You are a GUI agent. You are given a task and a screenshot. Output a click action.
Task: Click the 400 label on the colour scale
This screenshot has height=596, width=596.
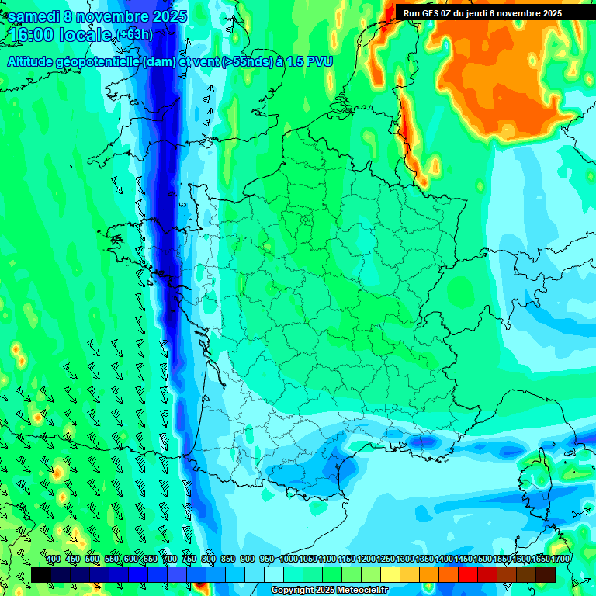pyautogui.click(x=54, y=559)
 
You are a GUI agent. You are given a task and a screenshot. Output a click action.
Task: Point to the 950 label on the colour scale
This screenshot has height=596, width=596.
pyautogui.click(x=267, y=559)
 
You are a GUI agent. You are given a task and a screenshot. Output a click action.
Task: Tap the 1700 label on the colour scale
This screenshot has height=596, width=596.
pyautogui.click(x=560, y=559)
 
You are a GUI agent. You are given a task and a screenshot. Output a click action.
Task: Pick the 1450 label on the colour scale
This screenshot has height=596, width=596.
pyautogui.click(x=463, y=559)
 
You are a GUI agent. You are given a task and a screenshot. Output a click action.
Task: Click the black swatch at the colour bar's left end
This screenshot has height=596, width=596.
pyautogui.click(x=40, y=574)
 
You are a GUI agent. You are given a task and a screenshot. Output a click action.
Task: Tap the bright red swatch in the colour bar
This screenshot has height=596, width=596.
pyautogui.click(x=468, y=574)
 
